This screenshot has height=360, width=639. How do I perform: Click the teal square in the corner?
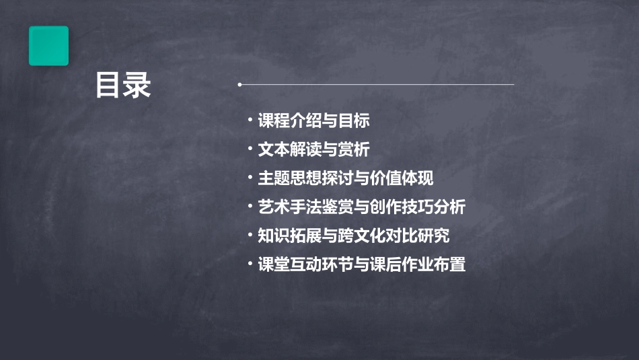click(48, 46)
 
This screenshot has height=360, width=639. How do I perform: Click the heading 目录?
click(123, 85)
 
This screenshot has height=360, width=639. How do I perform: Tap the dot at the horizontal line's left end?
click(239, 85)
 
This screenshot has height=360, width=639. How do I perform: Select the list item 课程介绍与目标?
click(313, 121)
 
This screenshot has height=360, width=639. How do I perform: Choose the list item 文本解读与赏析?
click(313, 149)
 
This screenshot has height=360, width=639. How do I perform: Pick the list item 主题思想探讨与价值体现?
click(346, 178)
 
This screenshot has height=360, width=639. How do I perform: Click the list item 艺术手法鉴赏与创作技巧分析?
click(361, 207)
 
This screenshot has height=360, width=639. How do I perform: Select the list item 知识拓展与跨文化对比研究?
click(354, 236)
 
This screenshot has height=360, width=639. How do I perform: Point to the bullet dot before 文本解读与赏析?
click(250, 149)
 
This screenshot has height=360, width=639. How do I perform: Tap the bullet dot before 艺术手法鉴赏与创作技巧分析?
click(250, 207)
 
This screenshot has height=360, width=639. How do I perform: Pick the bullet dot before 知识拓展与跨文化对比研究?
click(250, 236)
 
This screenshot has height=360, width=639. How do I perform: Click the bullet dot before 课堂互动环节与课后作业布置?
click(250, 264)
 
